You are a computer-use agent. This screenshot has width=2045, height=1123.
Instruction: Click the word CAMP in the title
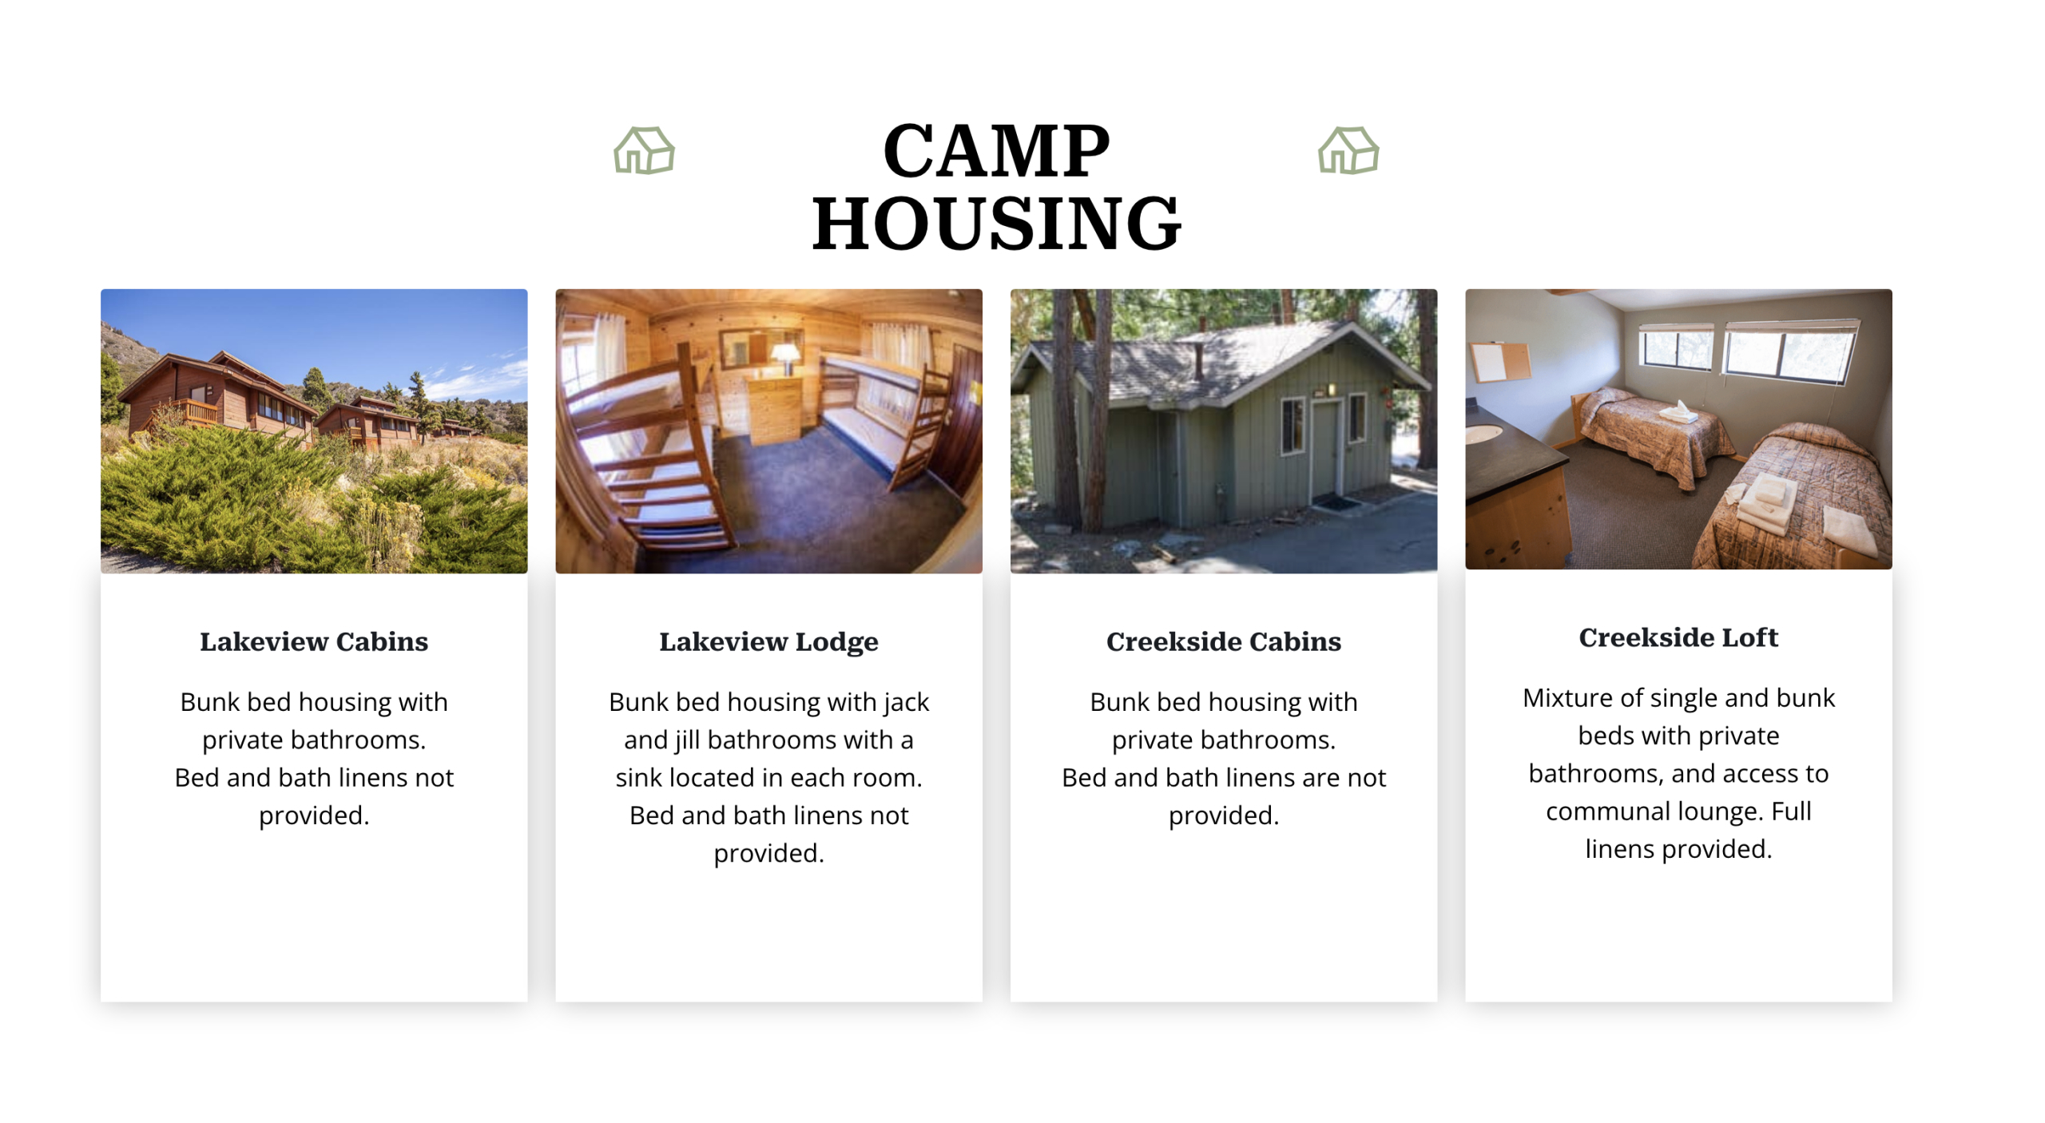(x=996, y=151)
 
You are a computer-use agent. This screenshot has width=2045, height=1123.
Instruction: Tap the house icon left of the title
(x=644, y=150)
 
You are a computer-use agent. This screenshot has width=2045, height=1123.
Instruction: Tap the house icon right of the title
(x=1348, y=150)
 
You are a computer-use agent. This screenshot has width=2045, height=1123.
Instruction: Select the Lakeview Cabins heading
(x=314, y=641)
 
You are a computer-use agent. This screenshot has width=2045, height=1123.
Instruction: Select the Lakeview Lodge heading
(x=768, y=642)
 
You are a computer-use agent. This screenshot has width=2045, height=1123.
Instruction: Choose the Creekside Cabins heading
(x=1224, y=641)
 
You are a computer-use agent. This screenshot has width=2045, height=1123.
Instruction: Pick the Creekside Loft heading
(x=1678, y=637)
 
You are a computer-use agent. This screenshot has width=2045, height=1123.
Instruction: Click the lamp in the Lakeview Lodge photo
(x=786, y=357)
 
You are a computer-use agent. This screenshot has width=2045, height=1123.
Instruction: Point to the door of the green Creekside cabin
(x=1324, y=449)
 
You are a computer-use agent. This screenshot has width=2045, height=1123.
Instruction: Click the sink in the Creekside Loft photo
(x=1484, y=434)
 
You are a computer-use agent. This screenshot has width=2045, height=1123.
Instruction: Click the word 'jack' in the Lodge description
(x=907, y=703)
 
